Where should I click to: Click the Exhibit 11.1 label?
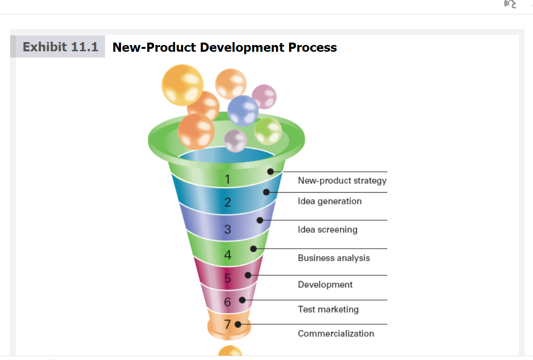point(60,47)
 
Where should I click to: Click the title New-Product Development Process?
point(224,47)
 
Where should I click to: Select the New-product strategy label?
point(342,180)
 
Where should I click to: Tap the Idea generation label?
point(329,201)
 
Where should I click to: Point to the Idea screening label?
point(327,229)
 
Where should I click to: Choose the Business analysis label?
point(334,258)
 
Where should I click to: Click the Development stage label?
point(325,285)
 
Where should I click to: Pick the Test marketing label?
point(328,309)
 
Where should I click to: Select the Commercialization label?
point(335,333)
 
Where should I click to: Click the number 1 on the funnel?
point(227,179)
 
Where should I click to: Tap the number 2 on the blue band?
point(227,202)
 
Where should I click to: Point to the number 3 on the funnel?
point(227,229)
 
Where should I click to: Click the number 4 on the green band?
point(227,255)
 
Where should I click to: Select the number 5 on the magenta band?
point(227,279)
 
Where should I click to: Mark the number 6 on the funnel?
point(227,302)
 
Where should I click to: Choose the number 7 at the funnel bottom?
point(227,324)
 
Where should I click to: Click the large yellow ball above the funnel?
point(183,85)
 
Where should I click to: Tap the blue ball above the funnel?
point(243,110)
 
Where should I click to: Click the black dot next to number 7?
point(238,324)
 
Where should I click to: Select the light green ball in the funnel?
point(268,131)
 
